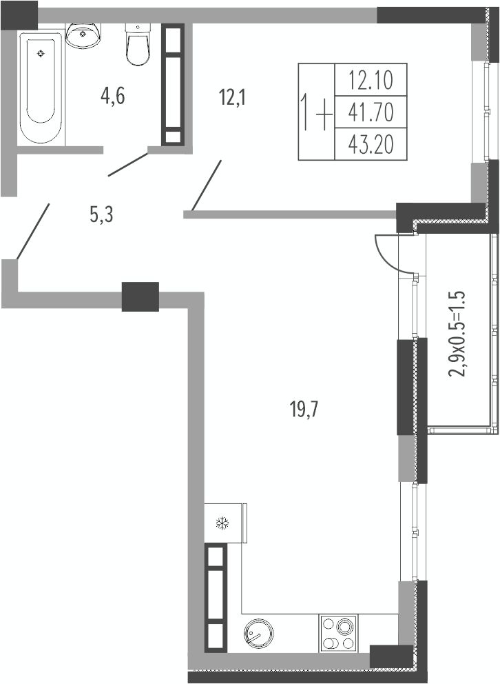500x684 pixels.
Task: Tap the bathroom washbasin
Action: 83,35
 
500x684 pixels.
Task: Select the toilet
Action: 138,43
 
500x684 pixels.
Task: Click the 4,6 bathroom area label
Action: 112,97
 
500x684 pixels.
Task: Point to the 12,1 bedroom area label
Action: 232,97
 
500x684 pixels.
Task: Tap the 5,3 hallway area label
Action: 101,214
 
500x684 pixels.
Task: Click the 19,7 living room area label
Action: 304,410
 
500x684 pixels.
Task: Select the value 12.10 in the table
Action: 371,80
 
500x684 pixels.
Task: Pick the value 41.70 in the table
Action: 371,112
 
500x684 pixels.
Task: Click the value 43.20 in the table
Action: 371,144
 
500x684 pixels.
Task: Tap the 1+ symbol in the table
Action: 316,112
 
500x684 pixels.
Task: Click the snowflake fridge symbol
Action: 223,523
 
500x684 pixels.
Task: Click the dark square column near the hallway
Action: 140,296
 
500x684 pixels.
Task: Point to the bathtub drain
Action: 41,53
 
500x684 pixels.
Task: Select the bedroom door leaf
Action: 207,185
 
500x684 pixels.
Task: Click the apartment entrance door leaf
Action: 32,231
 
